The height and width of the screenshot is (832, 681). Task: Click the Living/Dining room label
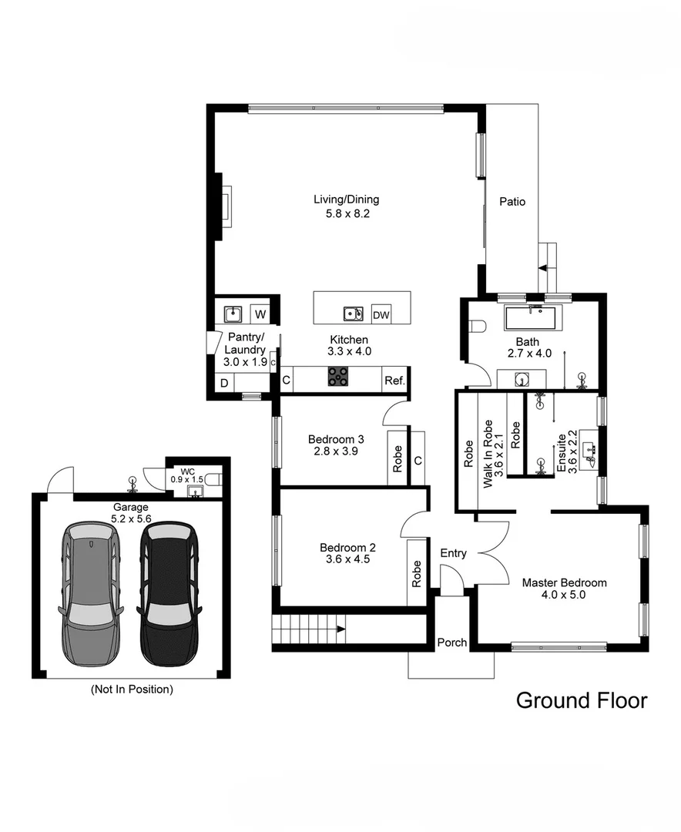(346, 200)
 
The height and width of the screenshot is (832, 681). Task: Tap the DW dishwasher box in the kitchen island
(381, 314)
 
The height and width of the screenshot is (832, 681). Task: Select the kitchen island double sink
(353, 314)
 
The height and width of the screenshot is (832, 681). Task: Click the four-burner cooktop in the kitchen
(338, 376)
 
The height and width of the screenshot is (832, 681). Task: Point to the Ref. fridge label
(394, 380)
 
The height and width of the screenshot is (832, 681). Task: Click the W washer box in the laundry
(260, 314)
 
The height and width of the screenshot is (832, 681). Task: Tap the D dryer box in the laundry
(224, 382)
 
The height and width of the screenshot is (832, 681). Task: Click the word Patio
(512, 202)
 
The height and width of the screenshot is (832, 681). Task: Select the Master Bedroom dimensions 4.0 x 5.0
(564, 595)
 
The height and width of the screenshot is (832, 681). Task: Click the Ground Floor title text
(581, 700)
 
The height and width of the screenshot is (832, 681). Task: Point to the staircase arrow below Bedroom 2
(336, 629)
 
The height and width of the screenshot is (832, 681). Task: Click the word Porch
(452, 642)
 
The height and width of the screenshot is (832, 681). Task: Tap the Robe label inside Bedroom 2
(417, 573)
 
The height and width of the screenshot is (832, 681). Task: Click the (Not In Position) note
(132, 689)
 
